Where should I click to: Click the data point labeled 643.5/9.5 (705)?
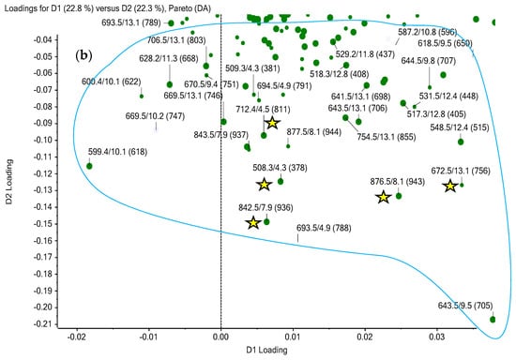click(493, 320)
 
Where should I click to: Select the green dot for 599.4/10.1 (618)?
click(89, 166)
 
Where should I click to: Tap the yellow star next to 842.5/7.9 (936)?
click(253, 222)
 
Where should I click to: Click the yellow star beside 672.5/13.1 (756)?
click(449, 186)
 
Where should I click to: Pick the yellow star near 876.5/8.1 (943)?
click(383, 197)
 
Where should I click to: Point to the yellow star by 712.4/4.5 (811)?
click(272, 123)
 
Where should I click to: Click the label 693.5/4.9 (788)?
click(324, 228)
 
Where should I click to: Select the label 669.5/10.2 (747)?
click(155, 116)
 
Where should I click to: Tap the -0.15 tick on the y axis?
click(56, 224)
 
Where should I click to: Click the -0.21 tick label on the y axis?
click(42, 324)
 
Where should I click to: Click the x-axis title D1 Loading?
click(266, 350)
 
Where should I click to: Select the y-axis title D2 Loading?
click(8, 182)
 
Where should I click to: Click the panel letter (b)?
click(83, 55)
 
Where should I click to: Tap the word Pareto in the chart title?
click(179, 8)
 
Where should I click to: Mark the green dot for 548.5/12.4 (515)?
click(461, 142)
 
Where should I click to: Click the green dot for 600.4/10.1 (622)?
click(142, 97)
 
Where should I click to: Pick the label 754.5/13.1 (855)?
click(387, 137)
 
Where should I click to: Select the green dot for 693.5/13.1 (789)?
click(171, 23)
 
